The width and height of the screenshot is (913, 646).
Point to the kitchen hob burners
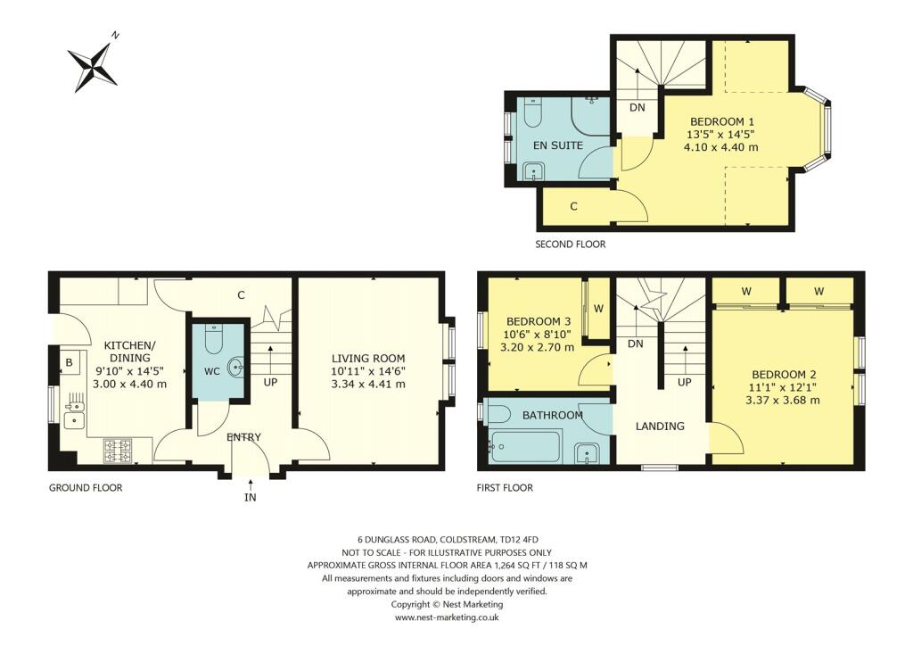(118, 451)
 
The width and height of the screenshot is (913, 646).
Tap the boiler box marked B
(69, 364)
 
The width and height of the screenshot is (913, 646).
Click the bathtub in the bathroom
(524, 445)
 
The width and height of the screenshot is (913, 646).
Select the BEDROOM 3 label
(538, 321)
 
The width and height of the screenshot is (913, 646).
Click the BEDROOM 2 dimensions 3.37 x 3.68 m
(785, 401)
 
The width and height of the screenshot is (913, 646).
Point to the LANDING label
(660, 426)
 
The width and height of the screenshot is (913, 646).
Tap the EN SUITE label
(558, 145)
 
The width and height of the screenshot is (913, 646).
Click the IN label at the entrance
(250, 497)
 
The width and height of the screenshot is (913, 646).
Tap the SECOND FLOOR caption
(570, 244)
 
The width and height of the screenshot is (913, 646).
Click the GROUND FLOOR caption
(86, 488)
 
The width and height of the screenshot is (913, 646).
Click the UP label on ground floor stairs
(268, 382)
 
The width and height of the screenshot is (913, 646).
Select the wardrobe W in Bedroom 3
(598, 309)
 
